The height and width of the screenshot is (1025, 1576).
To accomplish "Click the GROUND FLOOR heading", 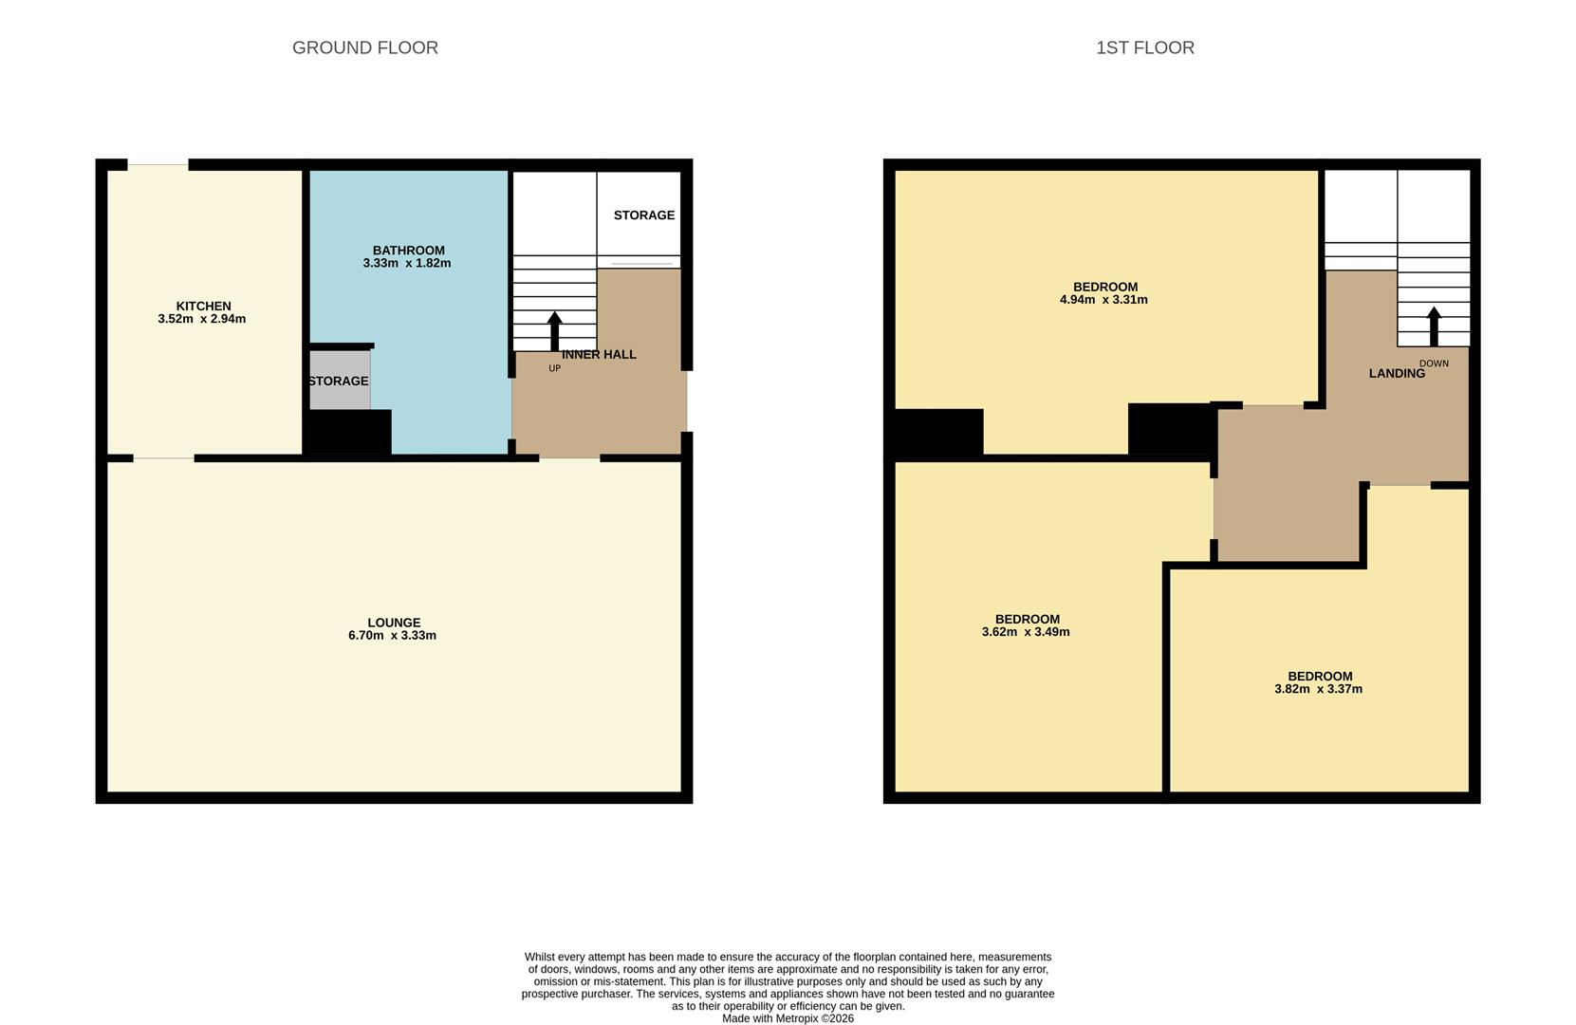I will [364, 47].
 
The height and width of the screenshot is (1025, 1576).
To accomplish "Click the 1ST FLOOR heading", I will [1144, 47].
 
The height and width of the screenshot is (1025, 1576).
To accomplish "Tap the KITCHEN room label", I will [203, 306].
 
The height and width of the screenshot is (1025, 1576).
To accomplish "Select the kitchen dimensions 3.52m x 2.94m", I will [201, 319].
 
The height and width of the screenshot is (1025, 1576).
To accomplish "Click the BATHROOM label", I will [408, 251].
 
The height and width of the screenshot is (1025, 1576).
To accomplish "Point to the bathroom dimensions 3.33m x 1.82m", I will [406, 263].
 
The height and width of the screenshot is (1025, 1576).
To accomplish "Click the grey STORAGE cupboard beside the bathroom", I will [339, 381].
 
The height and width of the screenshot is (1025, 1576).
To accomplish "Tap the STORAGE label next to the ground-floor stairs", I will [643, 215].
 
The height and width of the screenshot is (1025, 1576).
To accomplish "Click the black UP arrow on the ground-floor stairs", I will [554, 331].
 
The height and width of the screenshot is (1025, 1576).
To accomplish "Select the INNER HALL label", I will [599, 354].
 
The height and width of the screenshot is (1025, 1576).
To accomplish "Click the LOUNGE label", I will [394, 623].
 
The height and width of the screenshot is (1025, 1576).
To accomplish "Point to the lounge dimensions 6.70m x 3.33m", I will [392, 636].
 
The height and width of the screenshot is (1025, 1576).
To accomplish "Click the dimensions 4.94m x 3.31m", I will [1103, 300].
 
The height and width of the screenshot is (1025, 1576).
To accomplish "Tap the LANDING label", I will [1396, 374].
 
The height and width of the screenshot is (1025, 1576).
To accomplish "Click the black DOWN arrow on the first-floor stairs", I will [1434, 326].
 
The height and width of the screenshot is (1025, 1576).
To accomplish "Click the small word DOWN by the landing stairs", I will [1434, 363].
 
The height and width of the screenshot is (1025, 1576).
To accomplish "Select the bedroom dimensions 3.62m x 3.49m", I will [1026, 632].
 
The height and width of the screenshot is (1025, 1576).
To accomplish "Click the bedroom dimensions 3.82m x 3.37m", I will [1318, 689].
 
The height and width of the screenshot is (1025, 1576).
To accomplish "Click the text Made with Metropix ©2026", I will [788, 1018].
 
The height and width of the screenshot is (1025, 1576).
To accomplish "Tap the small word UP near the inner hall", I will [554, 368].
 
